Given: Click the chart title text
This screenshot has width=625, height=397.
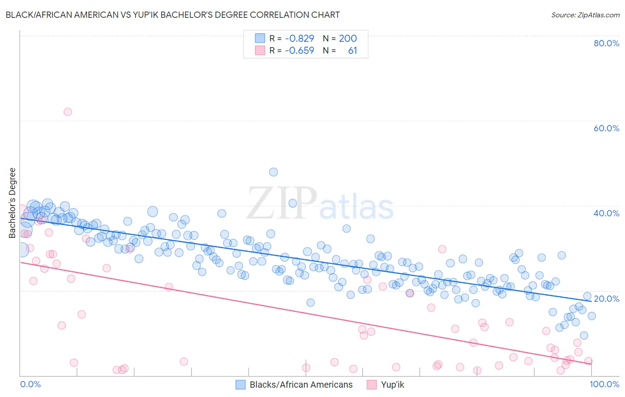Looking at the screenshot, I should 172,15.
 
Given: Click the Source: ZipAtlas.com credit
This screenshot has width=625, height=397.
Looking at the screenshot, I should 585,15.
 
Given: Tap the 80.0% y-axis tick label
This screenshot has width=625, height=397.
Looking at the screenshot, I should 606,43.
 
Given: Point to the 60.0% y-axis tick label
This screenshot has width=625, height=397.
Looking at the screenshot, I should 606,128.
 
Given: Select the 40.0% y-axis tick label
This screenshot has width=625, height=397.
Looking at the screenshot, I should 606,213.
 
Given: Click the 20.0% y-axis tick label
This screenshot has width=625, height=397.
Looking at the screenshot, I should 606,299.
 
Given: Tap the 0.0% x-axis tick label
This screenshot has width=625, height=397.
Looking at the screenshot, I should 30,384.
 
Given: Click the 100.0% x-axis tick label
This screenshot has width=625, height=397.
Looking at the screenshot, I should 605,384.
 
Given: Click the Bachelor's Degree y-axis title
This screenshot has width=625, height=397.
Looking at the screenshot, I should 12,203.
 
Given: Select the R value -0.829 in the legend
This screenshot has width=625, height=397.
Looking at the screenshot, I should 300,38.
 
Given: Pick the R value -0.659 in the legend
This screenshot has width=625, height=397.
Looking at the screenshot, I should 300,51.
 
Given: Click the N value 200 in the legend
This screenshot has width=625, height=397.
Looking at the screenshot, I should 348,38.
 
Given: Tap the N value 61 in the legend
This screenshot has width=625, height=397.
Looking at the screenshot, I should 353,51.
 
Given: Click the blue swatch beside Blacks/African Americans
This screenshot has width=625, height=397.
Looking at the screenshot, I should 240,385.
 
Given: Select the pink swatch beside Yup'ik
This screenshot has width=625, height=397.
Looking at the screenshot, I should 372,385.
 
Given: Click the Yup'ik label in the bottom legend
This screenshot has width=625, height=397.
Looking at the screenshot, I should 393,385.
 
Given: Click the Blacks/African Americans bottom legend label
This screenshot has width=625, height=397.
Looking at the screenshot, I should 301,385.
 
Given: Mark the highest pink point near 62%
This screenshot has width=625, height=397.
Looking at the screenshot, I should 68,112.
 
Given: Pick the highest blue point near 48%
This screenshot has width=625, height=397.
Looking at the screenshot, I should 273,172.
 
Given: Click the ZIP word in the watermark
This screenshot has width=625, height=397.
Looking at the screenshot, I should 282,203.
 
